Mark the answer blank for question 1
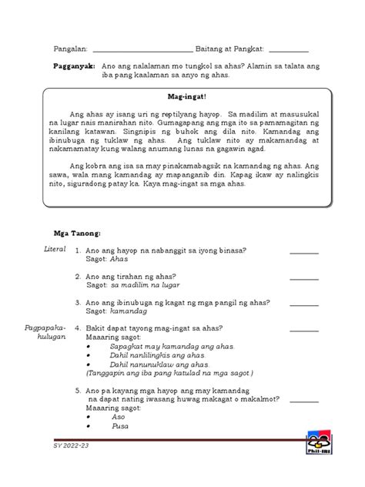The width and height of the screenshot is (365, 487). (303, 252)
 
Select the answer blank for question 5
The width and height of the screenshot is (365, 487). (303, 401)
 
